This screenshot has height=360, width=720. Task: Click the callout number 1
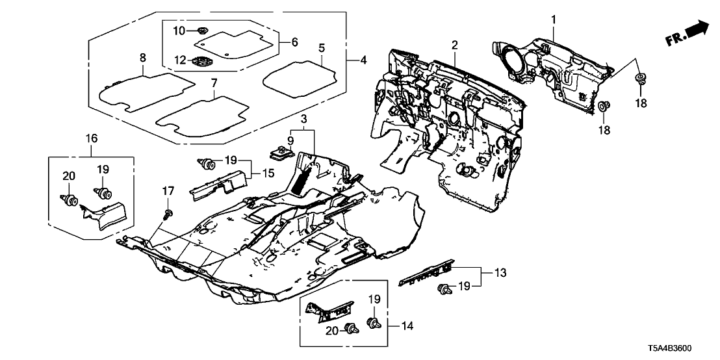[554, 19]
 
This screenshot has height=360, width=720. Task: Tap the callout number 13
[491, 273]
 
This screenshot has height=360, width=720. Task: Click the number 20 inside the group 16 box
[69, 175]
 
